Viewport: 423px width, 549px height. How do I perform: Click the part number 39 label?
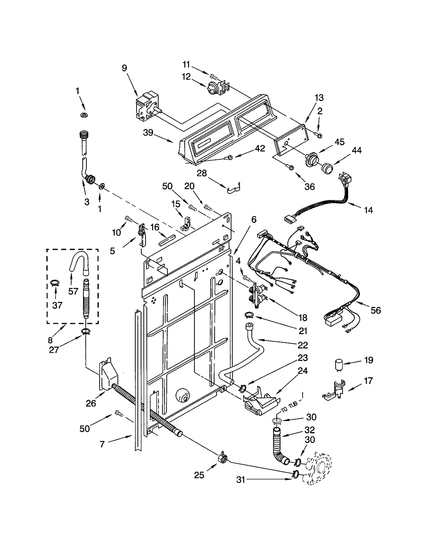coord(148,133)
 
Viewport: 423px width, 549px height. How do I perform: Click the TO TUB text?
coord(289,407)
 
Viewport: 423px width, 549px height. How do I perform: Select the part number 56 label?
coord(375,310)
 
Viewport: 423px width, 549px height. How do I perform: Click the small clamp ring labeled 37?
coord(55,283)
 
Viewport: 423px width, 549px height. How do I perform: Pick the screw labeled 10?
coord(129,219)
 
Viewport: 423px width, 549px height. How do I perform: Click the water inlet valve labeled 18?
coord(256,294)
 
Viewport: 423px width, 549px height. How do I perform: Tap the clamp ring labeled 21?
coord(249,315)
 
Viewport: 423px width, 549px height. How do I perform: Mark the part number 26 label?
coord(91,403)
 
